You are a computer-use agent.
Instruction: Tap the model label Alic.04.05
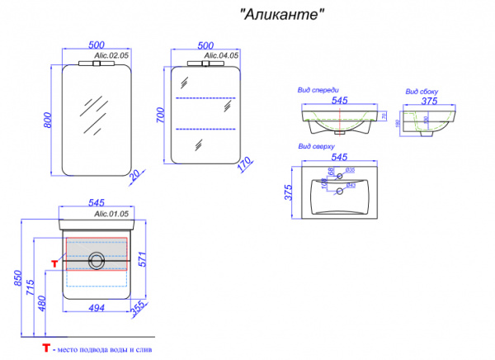click(x=222, y=54)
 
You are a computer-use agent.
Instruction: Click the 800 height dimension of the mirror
click(x=47, y=119)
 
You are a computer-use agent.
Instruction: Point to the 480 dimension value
click(x=41, y=301)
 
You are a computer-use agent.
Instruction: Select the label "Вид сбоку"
click(x=421, y=92)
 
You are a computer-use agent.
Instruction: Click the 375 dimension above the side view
click(x=427, y=102)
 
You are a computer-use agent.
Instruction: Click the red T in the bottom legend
click(x=48, y=351)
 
